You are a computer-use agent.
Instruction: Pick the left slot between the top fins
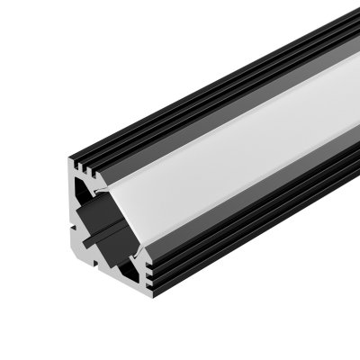85,164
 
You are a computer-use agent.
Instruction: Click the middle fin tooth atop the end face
91,160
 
